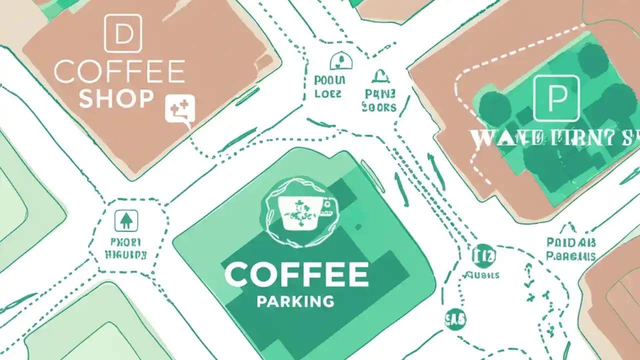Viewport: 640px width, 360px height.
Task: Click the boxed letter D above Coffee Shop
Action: click(122, 33)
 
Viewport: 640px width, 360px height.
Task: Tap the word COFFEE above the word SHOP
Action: click(119, 72)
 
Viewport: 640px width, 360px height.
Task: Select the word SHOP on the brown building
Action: click(116, 98)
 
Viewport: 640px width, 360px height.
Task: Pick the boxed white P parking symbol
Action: click(556, 98)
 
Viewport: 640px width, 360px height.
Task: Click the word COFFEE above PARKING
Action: click(296, 274)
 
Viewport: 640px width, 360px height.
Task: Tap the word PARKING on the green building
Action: click(295, 301)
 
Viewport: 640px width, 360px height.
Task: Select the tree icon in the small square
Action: click(126, 220)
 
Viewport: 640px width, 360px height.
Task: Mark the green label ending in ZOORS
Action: click(379, 100)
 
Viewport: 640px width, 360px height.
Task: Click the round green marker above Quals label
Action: click(484, 255)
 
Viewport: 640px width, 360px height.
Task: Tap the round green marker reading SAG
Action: click(455, 318)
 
